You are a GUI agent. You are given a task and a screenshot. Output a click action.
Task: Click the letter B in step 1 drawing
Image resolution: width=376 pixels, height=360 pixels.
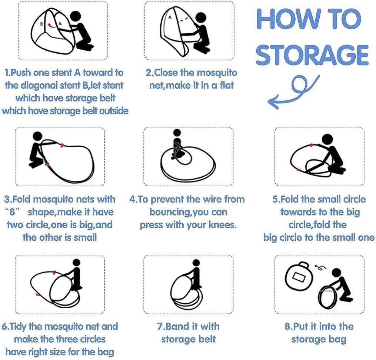coord(42,24)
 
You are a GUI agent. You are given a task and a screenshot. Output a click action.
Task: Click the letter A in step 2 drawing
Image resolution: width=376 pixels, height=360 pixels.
coord(170,17)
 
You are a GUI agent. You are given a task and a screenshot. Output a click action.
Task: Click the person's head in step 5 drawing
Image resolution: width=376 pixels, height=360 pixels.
coord(327,140)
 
